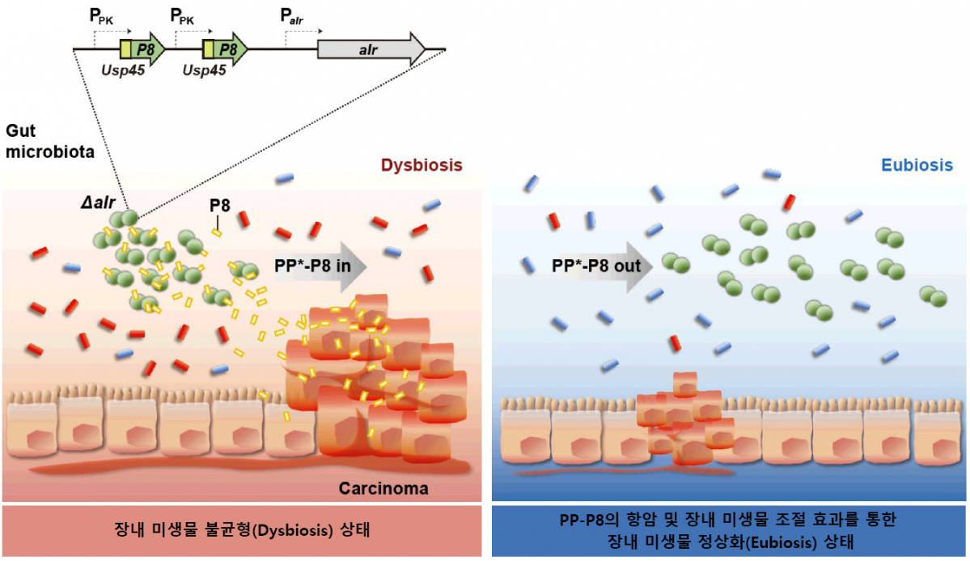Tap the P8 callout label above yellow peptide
(x=219, y=205)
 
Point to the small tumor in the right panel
(x=684, y=421)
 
